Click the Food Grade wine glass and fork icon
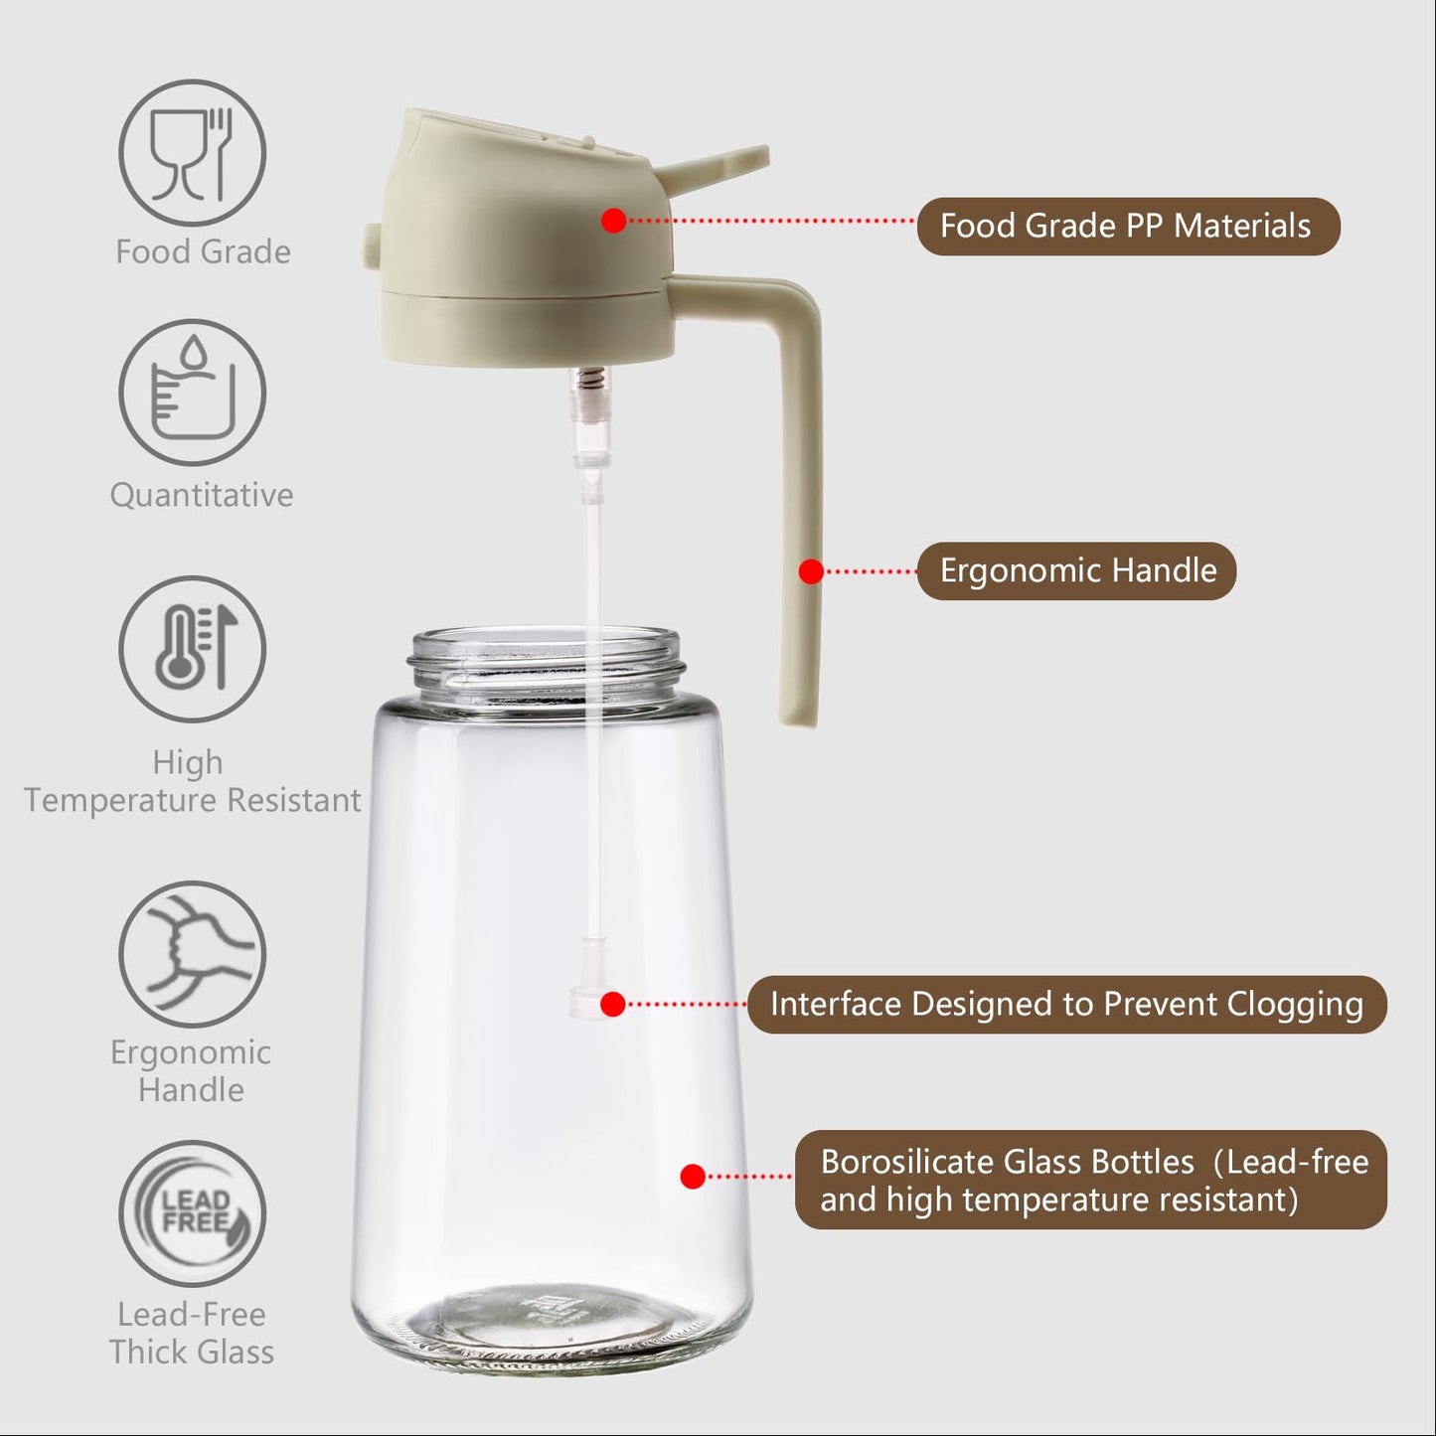coord(192,153)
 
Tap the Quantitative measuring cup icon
coord(192,392)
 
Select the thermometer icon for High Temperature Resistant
coord(192,648)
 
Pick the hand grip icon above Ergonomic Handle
coord(192,953)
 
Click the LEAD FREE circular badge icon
coord(192,1213)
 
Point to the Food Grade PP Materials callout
coord(1127,227)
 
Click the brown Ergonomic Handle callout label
coord(1076,570)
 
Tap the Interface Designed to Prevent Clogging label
coord(1066,1004)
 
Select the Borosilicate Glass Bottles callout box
coord(1090,1180)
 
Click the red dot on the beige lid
coord(613,221)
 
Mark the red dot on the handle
coord(811,571)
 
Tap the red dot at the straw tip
coord(613,1004)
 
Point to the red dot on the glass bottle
coord(693,1177)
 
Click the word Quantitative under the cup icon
coord(202,495)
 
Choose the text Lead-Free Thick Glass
coord(192,1333)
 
